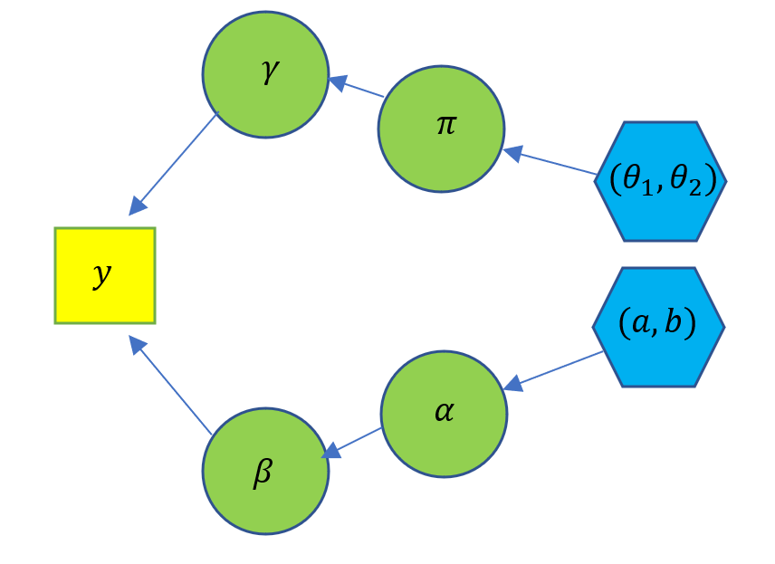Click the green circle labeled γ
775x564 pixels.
(264, 75)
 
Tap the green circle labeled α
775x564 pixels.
(444, 414)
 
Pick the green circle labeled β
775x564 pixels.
(265, 471)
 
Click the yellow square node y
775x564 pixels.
(105, 275)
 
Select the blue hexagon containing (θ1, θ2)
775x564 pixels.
(661, 181)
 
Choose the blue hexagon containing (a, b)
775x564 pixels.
(658, 327)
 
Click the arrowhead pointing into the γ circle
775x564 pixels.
(337, 82)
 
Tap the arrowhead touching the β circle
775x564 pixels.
(331, 449)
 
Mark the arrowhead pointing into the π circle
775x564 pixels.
(512, 152)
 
